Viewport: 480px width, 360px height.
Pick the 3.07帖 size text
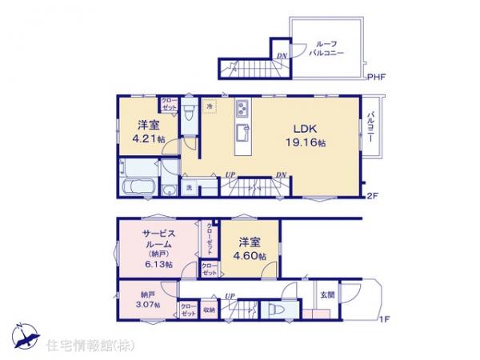148,304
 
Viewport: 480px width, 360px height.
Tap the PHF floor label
378,78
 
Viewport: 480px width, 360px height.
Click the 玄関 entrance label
328,294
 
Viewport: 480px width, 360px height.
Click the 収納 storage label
208,309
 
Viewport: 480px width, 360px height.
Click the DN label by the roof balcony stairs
281,55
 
